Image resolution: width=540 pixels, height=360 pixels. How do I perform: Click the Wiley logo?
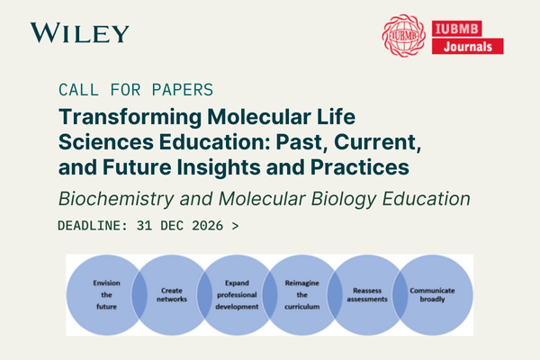[79, 33]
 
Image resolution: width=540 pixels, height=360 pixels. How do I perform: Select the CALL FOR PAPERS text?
[135, 90]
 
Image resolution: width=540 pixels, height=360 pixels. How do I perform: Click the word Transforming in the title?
[123, 117]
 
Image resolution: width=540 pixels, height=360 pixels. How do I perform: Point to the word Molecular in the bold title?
[243, 117]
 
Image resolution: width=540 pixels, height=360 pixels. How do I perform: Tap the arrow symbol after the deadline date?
[235, 226]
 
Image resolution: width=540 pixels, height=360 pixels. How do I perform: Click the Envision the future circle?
[106, 294]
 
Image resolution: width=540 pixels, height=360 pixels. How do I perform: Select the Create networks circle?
[172, 294]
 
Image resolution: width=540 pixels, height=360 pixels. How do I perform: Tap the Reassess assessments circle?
[368, 294]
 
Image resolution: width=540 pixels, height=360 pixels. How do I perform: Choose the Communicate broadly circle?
[434, 294]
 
